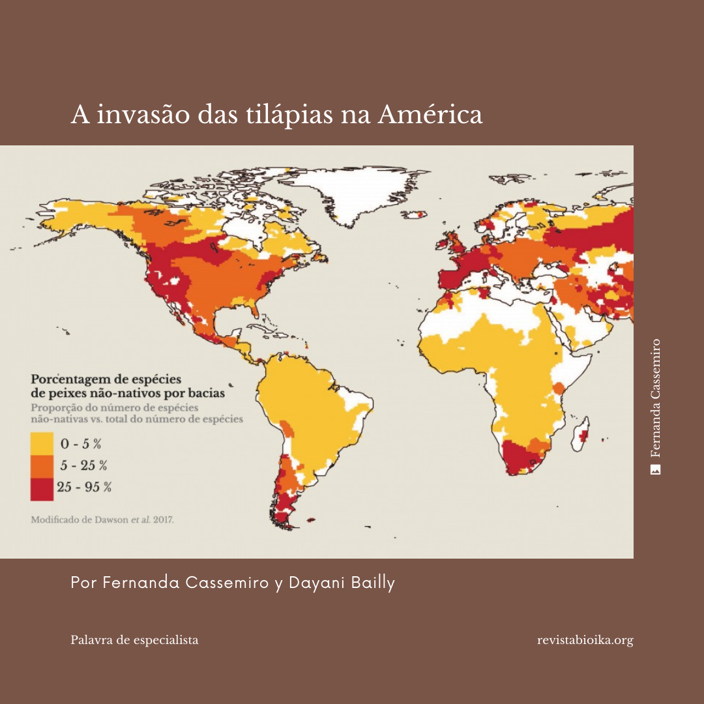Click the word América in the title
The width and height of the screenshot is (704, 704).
point(430,115)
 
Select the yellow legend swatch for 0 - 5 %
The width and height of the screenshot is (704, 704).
point(42,444)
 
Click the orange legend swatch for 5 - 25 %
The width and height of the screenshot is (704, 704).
point(42,465)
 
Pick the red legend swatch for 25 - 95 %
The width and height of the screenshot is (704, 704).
point(42,488)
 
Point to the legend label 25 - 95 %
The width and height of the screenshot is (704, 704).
point(84,487)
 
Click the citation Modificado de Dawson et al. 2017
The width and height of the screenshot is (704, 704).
point(102,521)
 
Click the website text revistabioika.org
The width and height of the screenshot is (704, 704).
point(585,640)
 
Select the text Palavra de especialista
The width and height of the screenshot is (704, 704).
point(134,640)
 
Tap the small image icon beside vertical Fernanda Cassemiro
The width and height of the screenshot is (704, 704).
point(656,469)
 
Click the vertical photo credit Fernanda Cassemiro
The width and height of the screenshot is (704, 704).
point(656,398)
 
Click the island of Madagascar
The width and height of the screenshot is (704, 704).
point(583,435)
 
